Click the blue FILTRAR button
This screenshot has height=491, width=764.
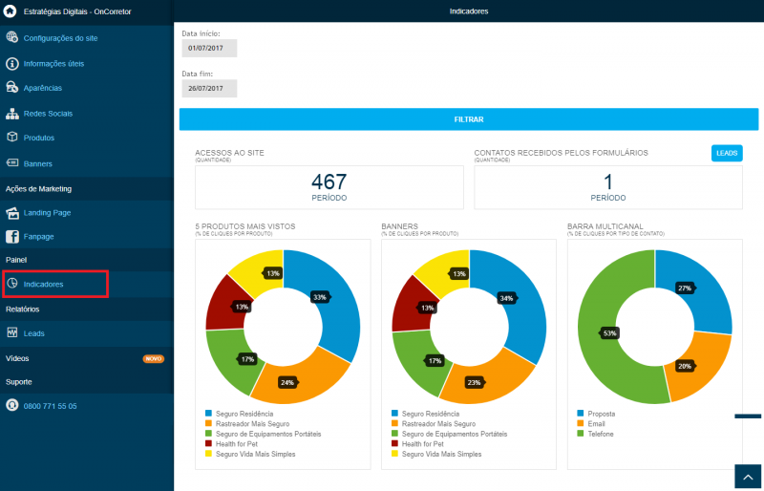pyautogui.click(x=469, y=119)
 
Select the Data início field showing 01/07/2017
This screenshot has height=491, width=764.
pyautogui.click(x=209, y=49)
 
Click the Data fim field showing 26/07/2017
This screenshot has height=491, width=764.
pyautogui.click(x=209, y=88)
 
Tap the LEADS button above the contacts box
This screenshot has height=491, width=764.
pyautogui.click(x=727, y=153)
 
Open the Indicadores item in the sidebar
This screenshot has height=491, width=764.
pyautogui.click(x=43, y=285)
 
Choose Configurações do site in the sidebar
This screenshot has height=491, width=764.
pyautogui.click(x=60, y=38)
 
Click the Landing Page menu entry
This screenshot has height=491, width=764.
pyautogui.click(x=47, y=213)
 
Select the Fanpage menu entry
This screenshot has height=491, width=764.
pyautogui.click(x=38, y=237)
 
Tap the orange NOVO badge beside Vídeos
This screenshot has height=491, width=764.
pyautogui.click(x=154, y=359)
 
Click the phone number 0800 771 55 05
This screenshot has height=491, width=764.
pyautogui.click(x=51, y=406)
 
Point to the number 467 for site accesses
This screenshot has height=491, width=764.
pyautogui.click(x=329, y=181)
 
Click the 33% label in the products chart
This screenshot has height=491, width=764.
pyautogui.click(x=320, y=297)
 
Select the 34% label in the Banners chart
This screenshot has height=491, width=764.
pyautogui.click(x=506, y=298)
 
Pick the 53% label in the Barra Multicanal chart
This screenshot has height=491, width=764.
pyautogui.click(x=609, y=333)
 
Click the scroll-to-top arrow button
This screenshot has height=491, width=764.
pyautogui.click(x=748, y=478)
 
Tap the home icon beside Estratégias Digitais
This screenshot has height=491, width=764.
pyautogui.click(x=10, y=11)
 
